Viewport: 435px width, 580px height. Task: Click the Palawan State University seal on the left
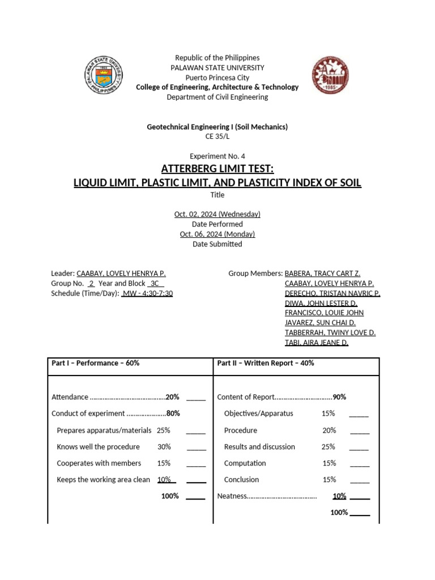point(104,75)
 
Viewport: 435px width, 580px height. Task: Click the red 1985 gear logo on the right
point(330,75)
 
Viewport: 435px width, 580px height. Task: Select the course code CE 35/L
point(217,137)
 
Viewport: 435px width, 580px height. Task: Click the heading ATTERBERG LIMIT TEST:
point(217,169)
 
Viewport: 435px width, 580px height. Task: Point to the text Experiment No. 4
point(217,156)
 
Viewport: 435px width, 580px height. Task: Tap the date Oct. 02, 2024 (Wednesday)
point(217,214)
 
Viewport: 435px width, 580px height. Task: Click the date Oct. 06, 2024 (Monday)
point(217,234)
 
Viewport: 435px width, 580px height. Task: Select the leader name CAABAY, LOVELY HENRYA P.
point(121,273)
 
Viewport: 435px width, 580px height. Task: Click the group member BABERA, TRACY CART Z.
point(322,273)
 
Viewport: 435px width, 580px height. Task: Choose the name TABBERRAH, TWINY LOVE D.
point(330,332)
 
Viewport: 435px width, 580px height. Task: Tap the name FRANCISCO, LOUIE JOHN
point(324,313)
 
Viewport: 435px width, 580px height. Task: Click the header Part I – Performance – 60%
point(95,363)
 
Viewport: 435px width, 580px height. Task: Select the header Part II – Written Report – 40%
point(265,363)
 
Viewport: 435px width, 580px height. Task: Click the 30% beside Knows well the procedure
point(164,447)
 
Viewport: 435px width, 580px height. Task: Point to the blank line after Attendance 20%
point(195,398)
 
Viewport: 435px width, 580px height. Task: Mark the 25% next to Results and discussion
point(329,447)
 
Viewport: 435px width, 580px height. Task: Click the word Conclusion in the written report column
point(241,480)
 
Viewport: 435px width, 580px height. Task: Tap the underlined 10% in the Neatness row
point(339,496)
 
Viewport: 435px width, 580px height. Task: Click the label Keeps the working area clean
point(103,480)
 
